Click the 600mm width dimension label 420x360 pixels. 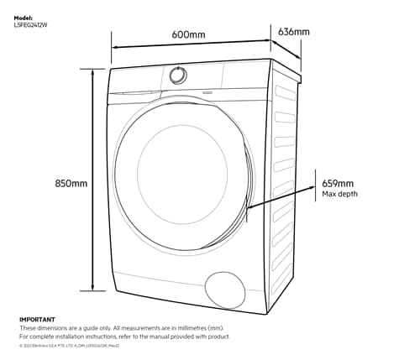(x=189, y=34)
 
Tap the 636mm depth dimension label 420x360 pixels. (x=293, y=32)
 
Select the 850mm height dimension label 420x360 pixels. (x=71, y=183)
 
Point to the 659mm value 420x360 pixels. (x=338, y=183)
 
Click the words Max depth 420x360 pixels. (x=339, y=194)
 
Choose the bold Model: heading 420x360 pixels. (x=24, y=17)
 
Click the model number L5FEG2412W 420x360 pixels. (x=32, y=24)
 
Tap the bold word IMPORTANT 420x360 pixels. (x=37, y=320)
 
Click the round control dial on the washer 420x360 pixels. (x=177, y=75)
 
